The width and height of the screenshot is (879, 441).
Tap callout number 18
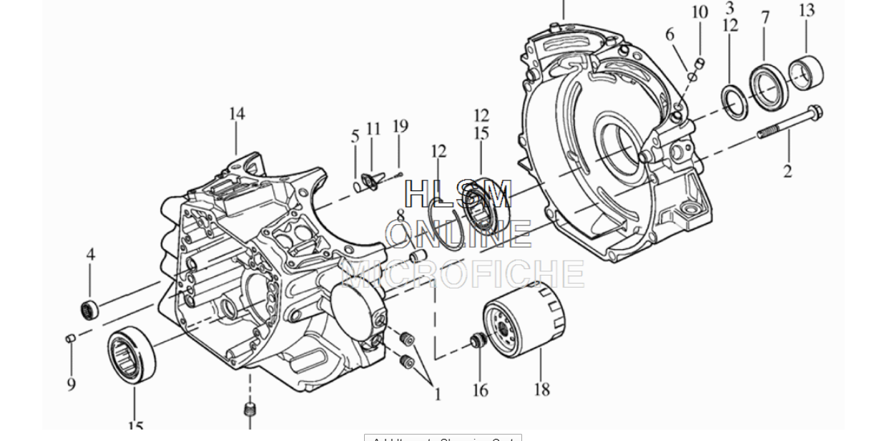[x=541, y=389]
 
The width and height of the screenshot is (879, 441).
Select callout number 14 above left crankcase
[x=237, y=114]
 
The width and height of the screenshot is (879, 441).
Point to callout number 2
[x=787, y=172]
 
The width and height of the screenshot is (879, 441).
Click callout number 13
[x=806, y=11]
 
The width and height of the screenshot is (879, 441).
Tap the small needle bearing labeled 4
[x=89, y=309]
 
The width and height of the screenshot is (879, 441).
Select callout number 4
[x=91, y=254]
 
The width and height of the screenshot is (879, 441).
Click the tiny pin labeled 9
[x=70, y=338]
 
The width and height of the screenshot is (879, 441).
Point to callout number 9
[x=72, y=384]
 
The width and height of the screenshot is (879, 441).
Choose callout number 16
[x=480, y=390]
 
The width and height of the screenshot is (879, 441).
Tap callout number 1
[x=438, y=394]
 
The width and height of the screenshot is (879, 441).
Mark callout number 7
[x=765, y=17]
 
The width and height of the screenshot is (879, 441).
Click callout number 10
[x=699, y=12]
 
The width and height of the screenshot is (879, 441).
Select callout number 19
[x=400, y=127]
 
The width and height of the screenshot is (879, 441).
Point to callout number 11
[x=373, y=129]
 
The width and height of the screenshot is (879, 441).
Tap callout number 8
[x=400, y=215]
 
